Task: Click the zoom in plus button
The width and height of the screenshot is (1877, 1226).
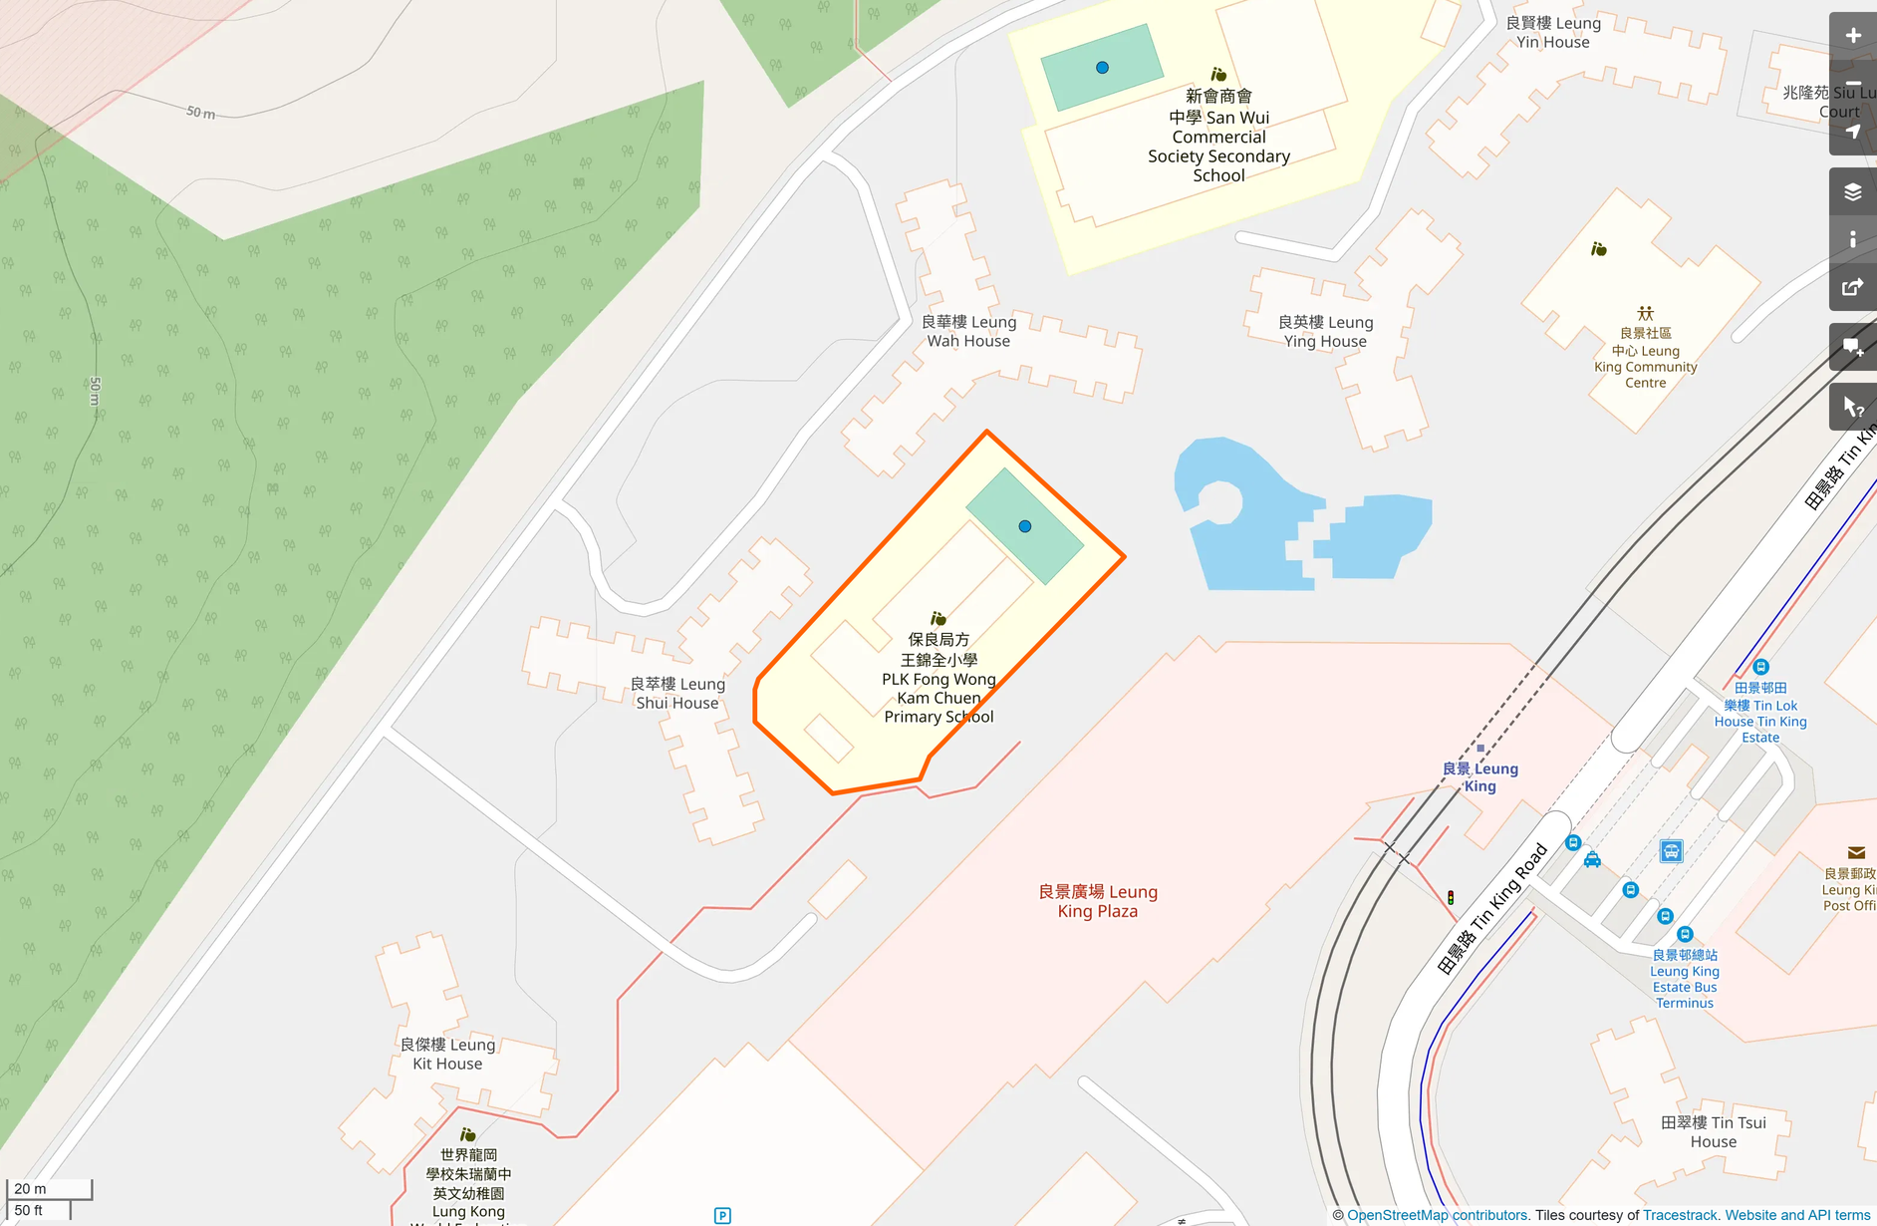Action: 1852,36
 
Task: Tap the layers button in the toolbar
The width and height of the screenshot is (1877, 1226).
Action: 1852,191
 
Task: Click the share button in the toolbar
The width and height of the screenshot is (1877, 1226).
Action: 1852,288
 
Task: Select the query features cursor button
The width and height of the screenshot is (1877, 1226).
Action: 1852,407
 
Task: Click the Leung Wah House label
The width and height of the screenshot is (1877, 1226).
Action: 968,331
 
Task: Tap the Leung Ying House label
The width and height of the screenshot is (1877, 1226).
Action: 1325,332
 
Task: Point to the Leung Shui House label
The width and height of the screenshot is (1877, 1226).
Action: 677,693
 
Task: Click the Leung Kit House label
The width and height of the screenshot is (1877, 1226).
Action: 447,1054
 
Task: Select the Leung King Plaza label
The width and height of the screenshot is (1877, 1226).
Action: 1097,901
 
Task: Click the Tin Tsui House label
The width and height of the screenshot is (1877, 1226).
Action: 1713,1132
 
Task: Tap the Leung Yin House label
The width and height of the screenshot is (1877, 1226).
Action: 1553,32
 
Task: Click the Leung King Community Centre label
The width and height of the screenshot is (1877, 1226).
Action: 1645,358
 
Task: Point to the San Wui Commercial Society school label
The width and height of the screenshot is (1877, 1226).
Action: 1218,136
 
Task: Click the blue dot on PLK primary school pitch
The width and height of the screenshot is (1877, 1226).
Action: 1025,526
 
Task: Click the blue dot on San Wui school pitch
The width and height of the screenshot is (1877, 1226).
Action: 1102,68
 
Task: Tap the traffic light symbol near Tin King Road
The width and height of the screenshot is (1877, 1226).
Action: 1451,898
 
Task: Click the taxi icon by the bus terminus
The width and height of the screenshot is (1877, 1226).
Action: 1592,859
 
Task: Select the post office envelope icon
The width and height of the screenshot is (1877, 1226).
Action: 1856,853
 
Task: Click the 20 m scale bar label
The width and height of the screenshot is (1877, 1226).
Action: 31,1189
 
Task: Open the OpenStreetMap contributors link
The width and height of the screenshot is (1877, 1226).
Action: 1437,1215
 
